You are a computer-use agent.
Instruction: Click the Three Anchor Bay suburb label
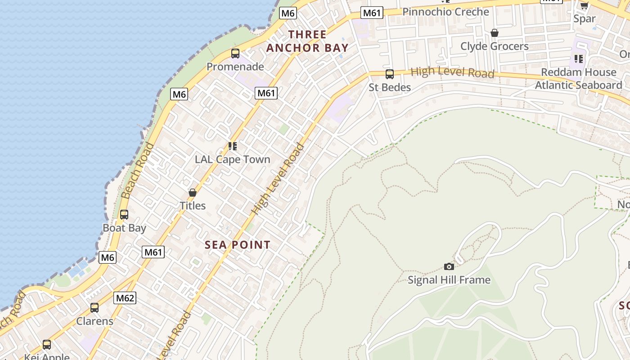point(307,41)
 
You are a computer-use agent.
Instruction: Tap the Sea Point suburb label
point(238,245)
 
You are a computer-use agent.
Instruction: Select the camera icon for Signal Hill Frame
point(449,266)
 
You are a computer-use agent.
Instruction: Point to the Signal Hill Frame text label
point(449,280)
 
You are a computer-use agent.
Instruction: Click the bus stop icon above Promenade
point(235,54)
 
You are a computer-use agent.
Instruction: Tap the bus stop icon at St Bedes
point(390,74)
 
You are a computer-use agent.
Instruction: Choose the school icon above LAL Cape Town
point(232,146)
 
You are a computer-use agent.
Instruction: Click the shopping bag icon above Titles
point(193,193)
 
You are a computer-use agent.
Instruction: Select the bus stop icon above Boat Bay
point(124,215)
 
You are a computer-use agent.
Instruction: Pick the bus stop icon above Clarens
point(94,308)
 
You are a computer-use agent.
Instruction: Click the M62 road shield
point(125,298)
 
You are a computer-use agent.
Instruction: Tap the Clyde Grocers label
point(494,46)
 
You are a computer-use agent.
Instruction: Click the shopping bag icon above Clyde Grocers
point(494,33)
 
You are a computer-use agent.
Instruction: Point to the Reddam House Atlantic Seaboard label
point(578,79)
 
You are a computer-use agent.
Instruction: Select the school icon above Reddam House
point(578,58)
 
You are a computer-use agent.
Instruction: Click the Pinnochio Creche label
point(445,12)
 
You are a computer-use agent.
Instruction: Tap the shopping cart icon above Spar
point(584,5)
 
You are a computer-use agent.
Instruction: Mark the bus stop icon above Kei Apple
point(47,345)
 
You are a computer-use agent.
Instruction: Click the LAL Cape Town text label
point(232,159)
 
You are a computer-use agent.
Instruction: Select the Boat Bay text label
point(124,228)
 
